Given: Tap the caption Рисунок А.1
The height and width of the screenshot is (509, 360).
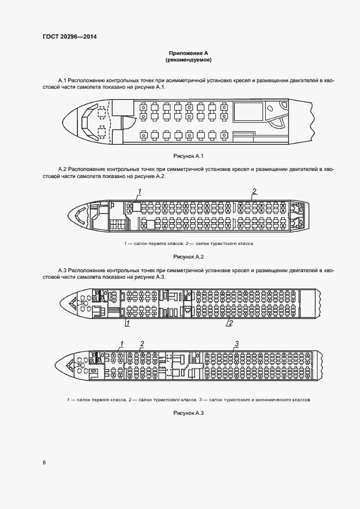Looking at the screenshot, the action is pos(188,156).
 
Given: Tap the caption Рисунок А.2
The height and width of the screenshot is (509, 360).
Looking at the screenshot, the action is pos(188,256).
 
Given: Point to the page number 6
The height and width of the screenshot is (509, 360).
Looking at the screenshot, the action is pos(44,463).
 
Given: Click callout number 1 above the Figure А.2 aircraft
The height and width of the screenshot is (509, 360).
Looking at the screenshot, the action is pos(140,191).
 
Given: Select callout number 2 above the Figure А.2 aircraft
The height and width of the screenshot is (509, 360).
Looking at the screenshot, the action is pos(254,191).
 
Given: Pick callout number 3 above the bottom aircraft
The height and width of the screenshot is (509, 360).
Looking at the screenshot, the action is pos(236,343).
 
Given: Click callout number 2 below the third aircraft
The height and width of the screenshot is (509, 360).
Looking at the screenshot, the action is pos(230,323).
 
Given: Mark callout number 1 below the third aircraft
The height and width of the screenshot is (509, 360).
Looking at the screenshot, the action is pos(127,323).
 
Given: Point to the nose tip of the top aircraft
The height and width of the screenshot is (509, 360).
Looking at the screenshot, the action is pos(63,121).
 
